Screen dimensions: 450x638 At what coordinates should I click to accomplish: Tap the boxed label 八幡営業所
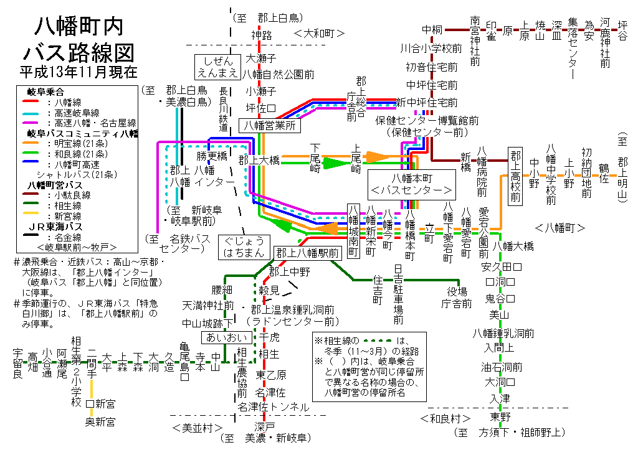click(270, 125)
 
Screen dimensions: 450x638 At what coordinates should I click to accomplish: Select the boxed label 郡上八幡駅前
click(307, 253)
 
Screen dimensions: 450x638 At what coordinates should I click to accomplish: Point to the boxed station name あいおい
click(226, 337)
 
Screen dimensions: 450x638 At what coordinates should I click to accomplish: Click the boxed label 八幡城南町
click(353, 230)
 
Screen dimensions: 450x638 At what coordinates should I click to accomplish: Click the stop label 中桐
click(432, 30)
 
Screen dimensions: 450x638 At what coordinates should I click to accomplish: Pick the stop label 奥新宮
click(100, 423)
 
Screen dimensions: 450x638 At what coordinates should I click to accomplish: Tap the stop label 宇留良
click(17, 364)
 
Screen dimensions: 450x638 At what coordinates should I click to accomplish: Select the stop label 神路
click(262, 35)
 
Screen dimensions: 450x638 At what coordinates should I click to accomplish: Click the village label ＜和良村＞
click(448, 417)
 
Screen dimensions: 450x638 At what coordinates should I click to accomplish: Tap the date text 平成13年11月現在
click(78, 71)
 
